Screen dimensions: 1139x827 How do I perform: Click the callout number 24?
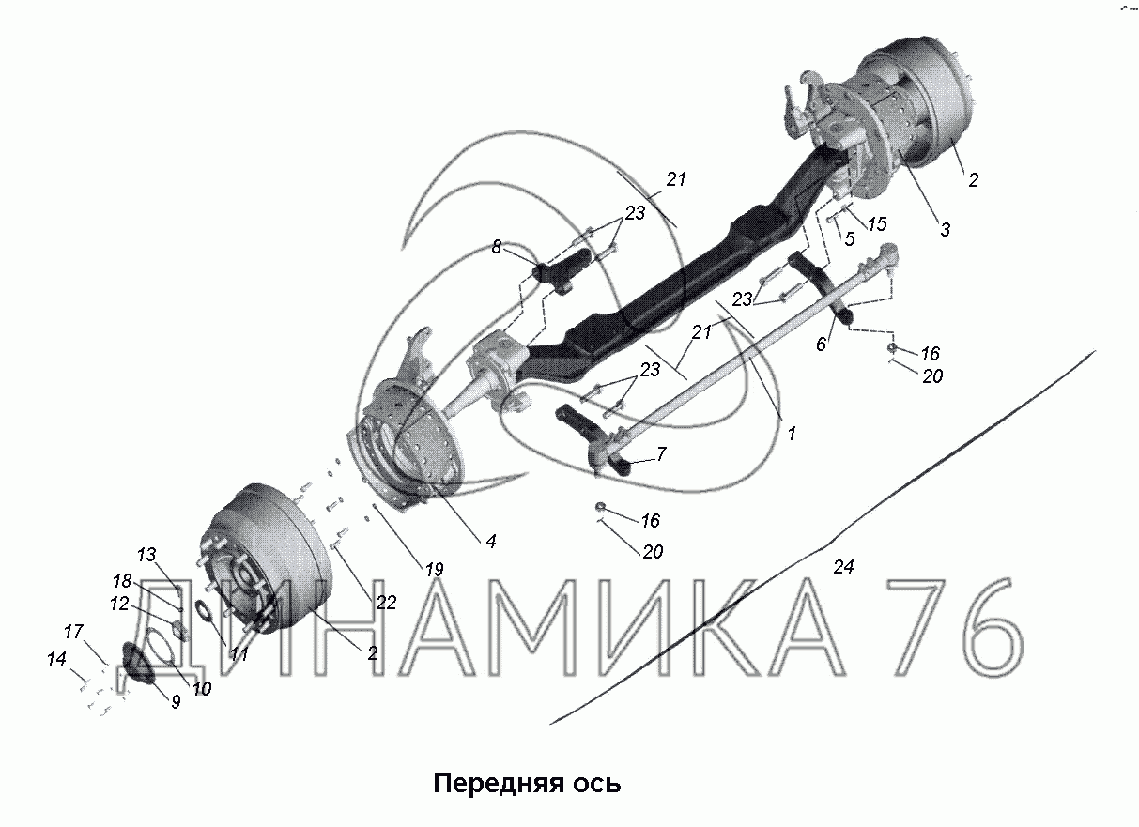[843, 567]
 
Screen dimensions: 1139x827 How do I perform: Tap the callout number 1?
[792, 434]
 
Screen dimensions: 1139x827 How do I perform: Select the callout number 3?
[945, 230]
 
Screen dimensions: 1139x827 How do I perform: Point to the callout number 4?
[491, 542]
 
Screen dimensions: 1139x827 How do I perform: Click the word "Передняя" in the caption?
[499, 784]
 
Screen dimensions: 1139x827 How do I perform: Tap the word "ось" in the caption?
[597, 785]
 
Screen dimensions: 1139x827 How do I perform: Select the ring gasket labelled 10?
[162, 646]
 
